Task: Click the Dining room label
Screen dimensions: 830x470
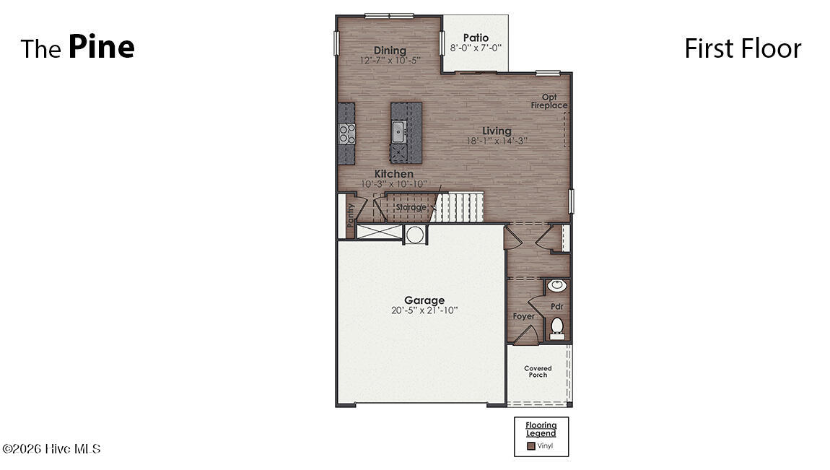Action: click(390, 51)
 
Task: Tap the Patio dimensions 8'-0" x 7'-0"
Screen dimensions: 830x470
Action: click(476, 48)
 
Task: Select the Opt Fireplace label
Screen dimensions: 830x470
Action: click(549, 101)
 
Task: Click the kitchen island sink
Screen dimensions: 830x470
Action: click(398, 131)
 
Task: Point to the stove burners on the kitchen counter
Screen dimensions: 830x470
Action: click(346, 134)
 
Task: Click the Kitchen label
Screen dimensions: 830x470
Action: click(394, 173)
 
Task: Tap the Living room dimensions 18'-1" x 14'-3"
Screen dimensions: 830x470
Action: click(497, 141)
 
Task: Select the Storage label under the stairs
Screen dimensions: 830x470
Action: click(411, 207)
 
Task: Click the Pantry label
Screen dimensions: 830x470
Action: click(350, 215)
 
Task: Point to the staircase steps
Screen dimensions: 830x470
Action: click(458, 206)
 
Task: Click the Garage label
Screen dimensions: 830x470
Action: click(424, 300)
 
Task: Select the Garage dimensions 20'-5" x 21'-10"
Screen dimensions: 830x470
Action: click(424, 310)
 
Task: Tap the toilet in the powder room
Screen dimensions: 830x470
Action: click(557, 328)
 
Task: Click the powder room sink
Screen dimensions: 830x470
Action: click(556, 286)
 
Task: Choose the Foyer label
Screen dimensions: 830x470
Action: click(523, 316)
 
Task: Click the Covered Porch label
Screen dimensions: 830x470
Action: click(538, 372)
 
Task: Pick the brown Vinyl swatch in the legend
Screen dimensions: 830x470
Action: click(531, 446)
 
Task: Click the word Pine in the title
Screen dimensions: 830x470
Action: click(102, 47)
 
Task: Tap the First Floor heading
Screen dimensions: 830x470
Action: click(743, 48)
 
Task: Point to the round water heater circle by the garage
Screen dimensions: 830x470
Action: click(415, 235)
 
